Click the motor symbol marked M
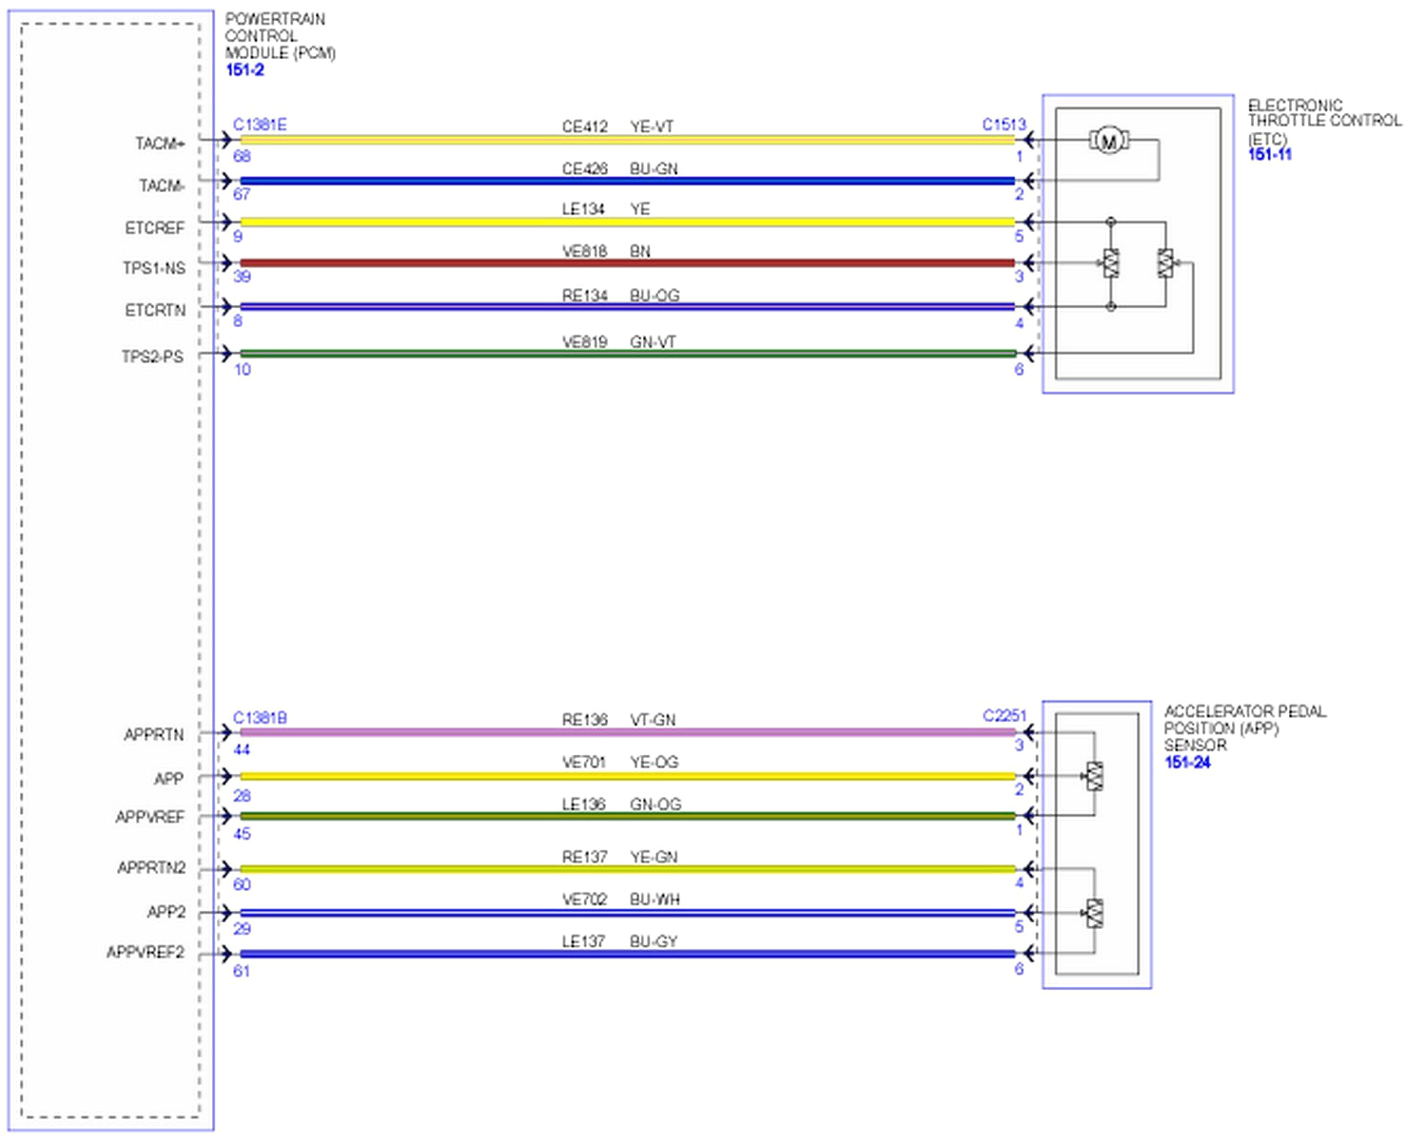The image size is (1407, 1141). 1108,142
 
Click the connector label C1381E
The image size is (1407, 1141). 260,125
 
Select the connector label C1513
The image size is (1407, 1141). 1004,125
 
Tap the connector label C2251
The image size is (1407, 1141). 1005,716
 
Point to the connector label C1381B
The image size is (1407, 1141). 260,718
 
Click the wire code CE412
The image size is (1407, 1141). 584,126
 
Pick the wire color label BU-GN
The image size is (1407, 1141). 654,168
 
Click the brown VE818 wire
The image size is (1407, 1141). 628,263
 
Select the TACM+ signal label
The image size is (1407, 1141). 160,144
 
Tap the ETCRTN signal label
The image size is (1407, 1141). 155,310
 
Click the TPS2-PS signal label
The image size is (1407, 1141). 152,357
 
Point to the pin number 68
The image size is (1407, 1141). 242,156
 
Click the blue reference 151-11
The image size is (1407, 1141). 1270,155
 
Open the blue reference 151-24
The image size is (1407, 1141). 1187,763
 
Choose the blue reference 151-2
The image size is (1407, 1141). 244,70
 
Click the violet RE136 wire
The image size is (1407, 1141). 628,733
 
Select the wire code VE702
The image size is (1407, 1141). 584,899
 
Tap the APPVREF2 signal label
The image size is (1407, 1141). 146,952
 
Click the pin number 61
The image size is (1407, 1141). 242,971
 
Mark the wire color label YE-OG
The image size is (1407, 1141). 654,762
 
